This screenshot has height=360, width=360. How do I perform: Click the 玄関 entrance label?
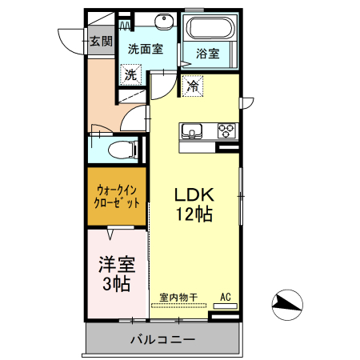(101, 42)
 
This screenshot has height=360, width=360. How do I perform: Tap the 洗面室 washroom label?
(146, 49)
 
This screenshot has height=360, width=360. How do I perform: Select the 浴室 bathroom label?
(208, 54)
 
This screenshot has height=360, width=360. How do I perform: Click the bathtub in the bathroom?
(210, 28)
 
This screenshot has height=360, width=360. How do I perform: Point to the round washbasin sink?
(164, 21)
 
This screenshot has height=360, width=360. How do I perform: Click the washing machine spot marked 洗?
(130, 74)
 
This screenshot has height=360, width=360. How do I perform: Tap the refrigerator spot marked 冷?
(193, 86)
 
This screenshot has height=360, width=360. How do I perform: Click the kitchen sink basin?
(191, 131)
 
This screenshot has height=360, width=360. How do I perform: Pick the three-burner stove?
(227, 131)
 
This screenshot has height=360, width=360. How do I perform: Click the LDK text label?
(194, 194)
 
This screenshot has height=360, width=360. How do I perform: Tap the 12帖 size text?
(194, 214)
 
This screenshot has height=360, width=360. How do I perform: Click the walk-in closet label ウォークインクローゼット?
(117, 197)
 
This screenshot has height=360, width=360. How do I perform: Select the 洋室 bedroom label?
(117, 264)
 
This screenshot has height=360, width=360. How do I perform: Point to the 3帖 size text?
(117, 283)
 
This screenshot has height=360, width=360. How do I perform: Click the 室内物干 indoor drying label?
(178, 297)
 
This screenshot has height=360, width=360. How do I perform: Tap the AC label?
(226, 297)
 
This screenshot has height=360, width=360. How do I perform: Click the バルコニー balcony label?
(163, 339)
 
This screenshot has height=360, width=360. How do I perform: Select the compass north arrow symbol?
(287, 305)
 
